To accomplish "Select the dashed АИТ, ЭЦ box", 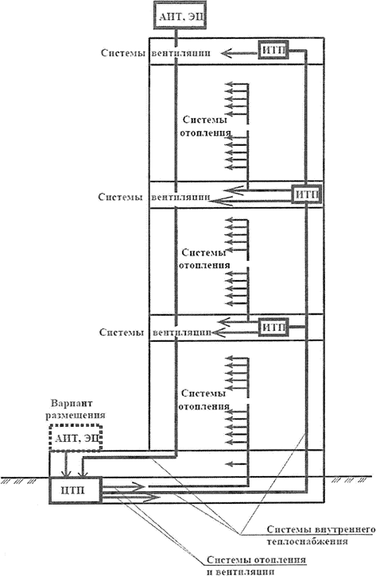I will [x=77, y=437].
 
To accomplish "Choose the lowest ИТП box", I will [x=272, y=327].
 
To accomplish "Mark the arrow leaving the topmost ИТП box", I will [x=238, y=53].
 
